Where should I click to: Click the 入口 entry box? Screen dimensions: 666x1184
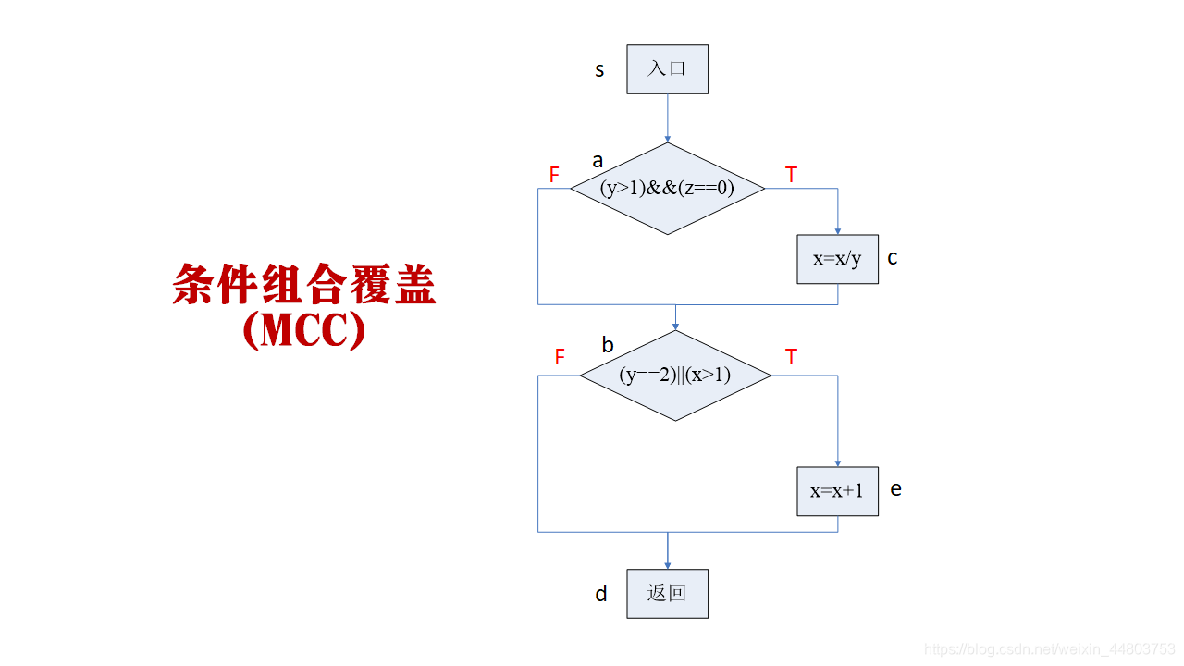click(667, 69)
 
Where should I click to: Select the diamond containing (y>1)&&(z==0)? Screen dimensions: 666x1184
click(667, 189)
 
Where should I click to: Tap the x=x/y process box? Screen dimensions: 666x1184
click(837, 259)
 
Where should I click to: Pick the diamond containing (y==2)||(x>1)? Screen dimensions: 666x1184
click(674, 376)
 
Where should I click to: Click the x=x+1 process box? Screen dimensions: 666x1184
click(837, 491)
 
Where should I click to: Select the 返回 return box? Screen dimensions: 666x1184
click(667, 594)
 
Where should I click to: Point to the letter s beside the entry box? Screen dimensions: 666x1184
click(599, 70)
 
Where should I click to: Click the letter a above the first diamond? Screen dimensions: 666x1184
click(598, 161)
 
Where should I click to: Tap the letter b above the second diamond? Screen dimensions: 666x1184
click(608, 346)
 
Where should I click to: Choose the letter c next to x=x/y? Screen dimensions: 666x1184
click(893, 258)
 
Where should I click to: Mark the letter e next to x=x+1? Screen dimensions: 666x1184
click(895, 489)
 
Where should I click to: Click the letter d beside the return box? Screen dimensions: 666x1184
click(601, 594)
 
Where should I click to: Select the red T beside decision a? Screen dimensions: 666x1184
click(791, 175)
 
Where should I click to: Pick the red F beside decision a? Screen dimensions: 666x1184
click(554, 175)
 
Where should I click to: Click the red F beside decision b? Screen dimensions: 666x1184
click(560, 358)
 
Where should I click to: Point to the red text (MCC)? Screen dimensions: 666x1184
click(304, 330)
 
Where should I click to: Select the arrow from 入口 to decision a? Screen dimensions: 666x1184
click(667, 118)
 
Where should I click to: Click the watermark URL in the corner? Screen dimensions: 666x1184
click(1050, 649)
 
